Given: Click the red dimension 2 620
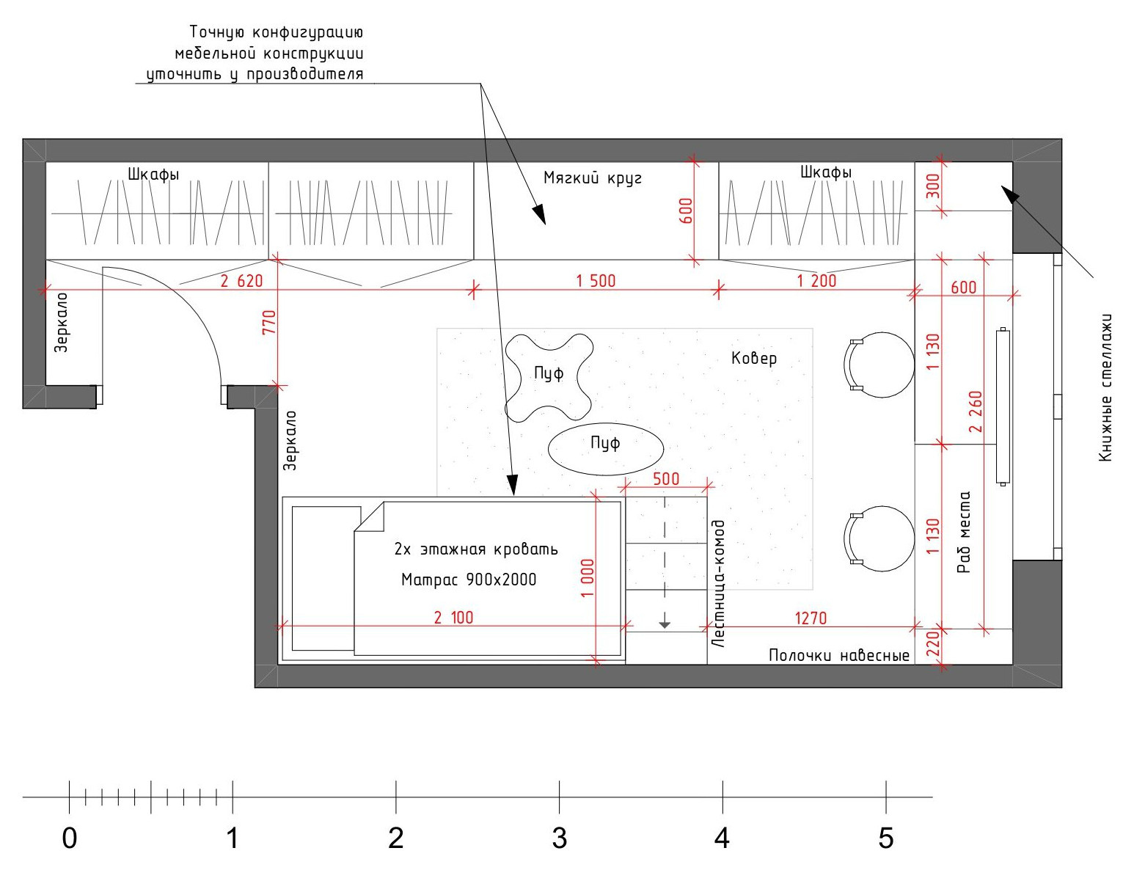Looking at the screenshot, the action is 241,281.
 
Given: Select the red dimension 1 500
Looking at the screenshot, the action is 596,281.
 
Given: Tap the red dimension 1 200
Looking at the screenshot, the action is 816,281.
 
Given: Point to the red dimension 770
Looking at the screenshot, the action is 268,322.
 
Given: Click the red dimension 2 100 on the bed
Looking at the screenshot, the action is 453,618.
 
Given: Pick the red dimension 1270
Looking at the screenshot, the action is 811,618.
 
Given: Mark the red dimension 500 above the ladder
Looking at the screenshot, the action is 666,478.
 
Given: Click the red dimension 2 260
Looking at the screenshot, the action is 976,412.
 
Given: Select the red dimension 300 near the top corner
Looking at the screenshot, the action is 932,186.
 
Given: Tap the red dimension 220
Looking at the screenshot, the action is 932,643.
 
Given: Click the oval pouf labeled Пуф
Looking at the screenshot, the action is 605,449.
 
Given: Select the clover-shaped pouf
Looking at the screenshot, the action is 549,377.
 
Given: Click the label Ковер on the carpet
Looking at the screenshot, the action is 754,358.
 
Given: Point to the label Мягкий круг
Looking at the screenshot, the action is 593,178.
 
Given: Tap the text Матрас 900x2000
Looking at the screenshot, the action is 469,580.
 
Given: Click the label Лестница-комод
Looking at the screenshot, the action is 718,583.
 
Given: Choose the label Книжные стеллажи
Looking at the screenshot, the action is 1105,388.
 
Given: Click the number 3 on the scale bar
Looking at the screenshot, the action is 560,838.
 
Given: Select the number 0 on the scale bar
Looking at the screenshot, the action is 70,838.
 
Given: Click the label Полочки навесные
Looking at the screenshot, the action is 839,655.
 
